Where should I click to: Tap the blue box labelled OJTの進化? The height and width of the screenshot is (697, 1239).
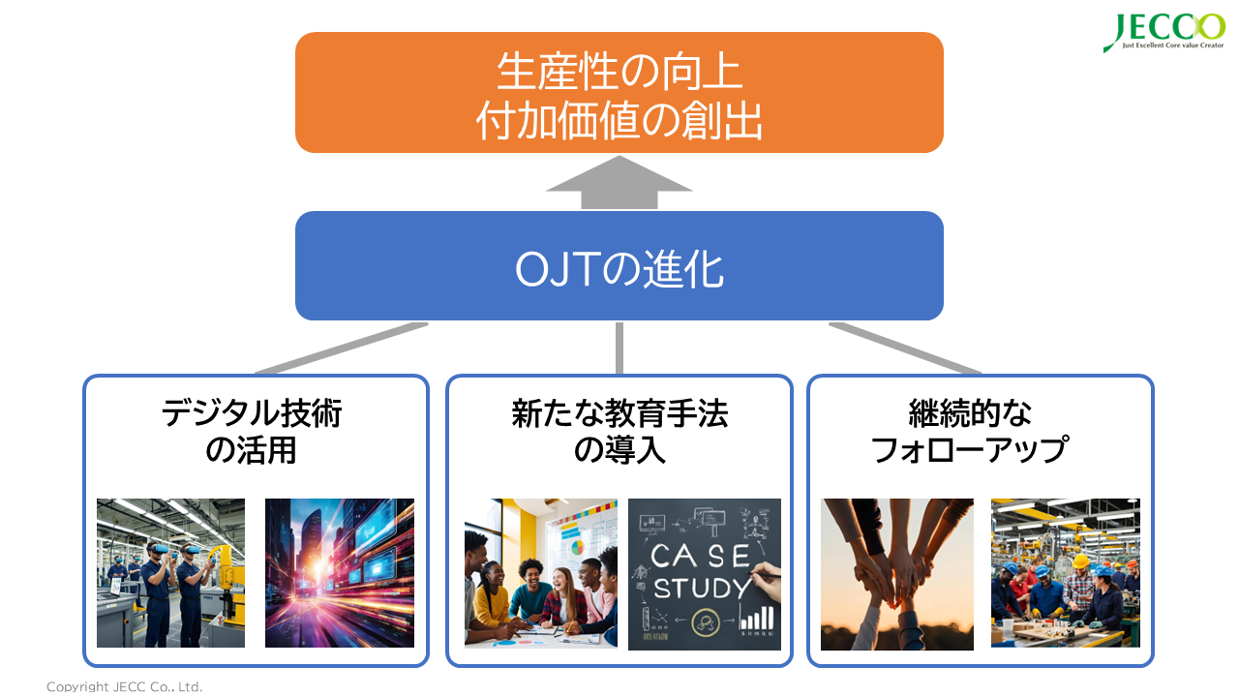pyautogui.click(x=619, y=266)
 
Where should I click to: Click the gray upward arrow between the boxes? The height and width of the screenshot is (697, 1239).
pyautogui.click(x=619, y=184)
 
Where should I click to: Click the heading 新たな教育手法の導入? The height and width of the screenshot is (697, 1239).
pyautogui.click(x=619, y=432)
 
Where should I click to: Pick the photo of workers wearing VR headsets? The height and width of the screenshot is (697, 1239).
pyautogui.click(x=170, y=573)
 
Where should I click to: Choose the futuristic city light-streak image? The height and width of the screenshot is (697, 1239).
pyautogui.click(x=340, y=573)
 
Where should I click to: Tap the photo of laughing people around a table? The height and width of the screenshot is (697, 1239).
pyautogui.click(x=540, y=573)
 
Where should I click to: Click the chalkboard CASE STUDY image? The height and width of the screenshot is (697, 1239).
pyautogui.click(x=705, y=573)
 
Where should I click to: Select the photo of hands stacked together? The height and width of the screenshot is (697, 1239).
pyautogui.click(x=897, y=573)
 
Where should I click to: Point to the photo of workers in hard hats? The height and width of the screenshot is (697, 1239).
pyautogui.click(x=1066, y=573)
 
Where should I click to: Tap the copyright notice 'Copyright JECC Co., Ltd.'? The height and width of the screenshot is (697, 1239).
pyautogui.click(x=125, y=686)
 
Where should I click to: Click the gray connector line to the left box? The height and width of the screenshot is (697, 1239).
pyautogui.click(x=339, y=348)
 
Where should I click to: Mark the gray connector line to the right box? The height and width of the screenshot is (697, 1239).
pyautogui.click(x=905, y=348)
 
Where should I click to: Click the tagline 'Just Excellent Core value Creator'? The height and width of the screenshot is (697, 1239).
pyautogui.click(x=1163, y=45)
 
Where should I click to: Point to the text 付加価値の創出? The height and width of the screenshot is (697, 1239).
pyautogui.click(x=619, y=124)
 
